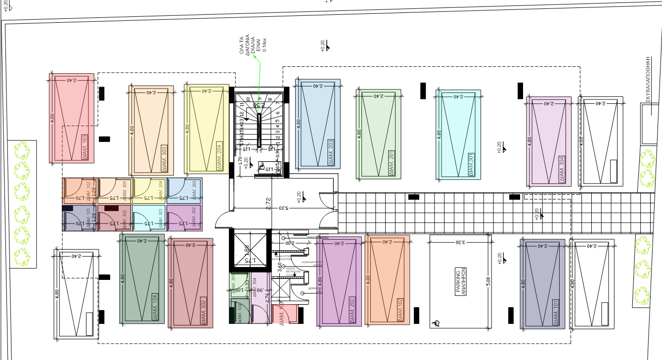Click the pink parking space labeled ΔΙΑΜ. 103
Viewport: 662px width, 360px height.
pyautogui.click(x=72, y=118)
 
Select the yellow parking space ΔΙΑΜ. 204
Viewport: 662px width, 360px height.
pyautogui.click(x=206, y=129)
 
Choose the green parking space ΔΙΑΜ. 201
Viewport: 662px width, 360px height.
pyautogui.click(x=378, y=134)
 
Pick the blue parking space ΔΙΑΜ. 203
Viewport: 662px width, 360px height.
pyautogui.click(x=317, y=124)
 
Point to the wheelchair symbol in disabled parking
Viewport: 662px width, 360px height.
pyautogui.click(x=436, y=323)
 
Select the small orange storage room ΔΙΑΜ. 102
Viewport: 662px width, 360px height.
pyautogui.click(x=80, y=191)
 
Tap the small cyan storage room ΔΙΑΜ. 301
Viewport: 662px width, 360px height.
pyautogui.click(x=149, y=218)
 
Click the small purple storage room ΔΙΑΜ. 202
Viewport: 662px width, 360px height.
pyautogui.click(x=184, y=218)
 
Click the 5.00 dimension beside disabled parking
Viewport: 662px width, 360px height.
pyautogui.click(x=487, y=281)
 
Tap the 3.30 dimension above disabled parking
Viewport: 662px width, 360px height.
pyautogui.click(x=459, y=242)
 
